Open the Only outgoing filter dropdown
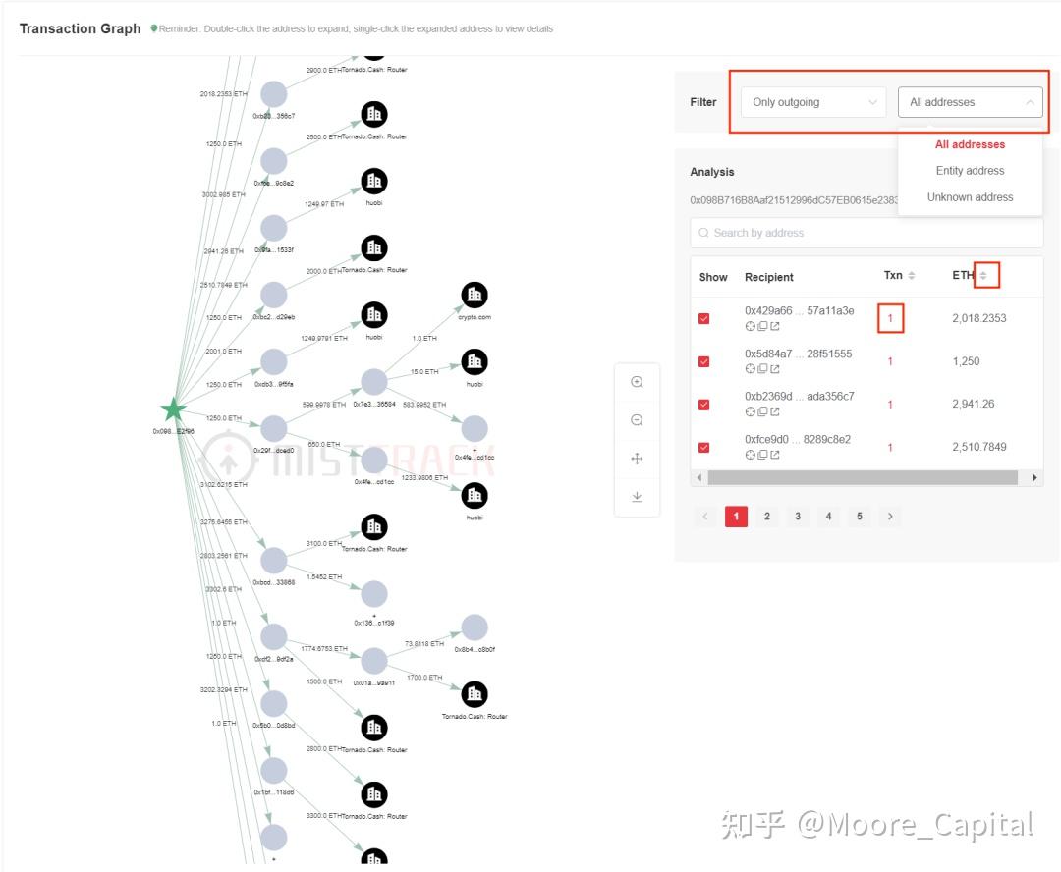click(x=813, y=102)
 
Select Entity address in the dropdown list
click(x=970, y=171)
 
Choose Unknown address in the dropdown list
click(x=970, y=197)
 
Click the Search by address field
click(x=866, y=233)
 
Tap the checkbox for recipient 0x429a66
click(x=704, y=318)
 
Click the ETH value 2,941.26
click(x=973, y=404)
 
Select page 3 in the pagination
click(x=798, y=517)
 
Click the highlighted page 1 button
click(x=736, y=517)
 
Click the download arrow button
click(x=637, y=497)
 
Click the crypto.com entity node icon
click(x=475, y=295)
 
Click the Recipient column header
click(x=769, y=277)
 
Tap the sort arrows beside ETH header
click(x=983, y=276)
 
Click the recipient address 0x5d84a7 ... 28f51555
click(x=799, y=354)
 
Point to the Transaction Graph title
click(x=81, y=28)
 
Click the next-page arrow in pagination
click(x=890, y=517)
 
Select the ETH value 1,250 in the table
click(x=966, y=361)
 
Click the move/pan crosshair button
click(x=637, y=459)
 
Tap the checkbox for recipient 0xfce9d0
click(x=704, y=447)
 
